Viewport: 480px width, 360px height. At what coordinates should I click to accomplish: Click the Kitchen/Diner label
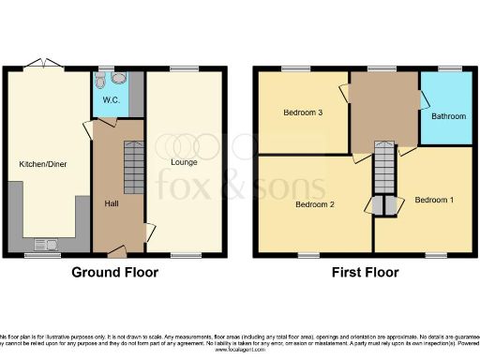click(x=43, y=164)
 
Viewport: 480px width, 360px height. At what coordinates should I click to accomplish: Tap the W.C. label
click(x=111, y=100)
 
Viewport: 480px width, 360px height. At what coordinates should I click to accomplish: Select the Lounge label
click(x=182, y=161)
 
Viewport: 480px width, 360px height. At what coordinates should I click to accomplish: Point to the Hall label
click(x=111, y=203)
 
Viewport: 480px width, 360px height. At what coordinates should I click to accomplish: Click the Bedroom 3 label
click(x=303, y=112)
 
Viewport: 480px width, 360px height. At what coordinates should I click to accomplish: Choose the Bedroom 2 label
click(x=315, y=203)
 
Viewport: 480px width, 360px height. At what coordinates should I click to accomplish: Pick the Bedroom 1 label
click(x=434, y=200)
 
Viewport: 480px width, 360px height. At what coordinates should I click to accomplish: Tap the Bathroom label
click(x=447, y=117)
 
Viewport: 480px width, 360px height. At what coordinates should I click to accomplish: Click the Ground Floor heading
click(x=115, y=273)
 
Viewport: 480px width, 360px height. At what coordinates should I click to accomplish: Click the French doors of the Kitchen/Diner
click(x=43, y=64)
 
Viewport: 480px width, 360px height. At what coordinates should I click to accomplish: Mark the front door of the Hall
click(x=117, y=251)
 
